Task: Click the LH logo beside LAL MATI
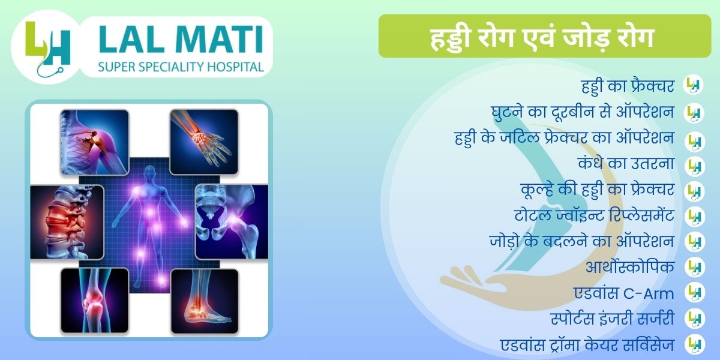tap(47, 48)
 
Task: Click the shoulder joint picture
tap(95, 142)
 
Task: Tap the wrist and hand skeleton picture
tap(204, 142)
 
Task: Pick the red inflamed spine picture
tap(67, 222)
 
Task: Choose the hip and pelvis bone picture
tap(232, 221)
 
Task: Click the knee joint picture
tap(95, 301)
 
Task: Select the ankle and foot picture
tap(205, 301)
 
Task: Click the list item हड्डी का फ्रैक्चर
tap(628, 86)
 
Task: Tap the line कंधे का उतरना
tap(626, 163)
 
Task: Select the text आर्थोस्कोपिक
tap(630, 267)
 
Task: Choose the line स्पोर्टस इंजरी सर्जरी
tap(613, 319)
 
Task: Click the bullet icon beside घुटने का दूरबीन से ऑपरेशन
tap(694, 113)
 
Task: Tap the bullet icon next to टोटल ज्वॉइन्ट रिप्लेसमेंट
tap(694, 217)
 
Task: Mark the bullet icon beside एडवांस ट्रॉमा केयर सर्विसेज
tap(694, 344)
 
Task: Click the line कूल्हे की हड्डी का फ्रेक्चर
tap(598, 190)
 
